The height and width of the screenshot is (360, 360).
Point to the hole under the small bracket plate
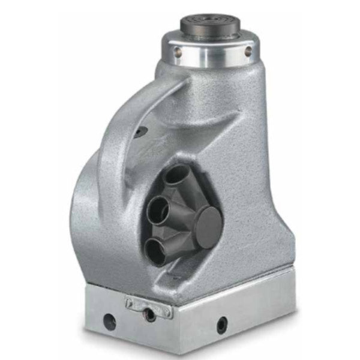(149, 314)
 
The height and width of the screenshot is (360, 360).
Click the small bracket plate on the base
(149, 305)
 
